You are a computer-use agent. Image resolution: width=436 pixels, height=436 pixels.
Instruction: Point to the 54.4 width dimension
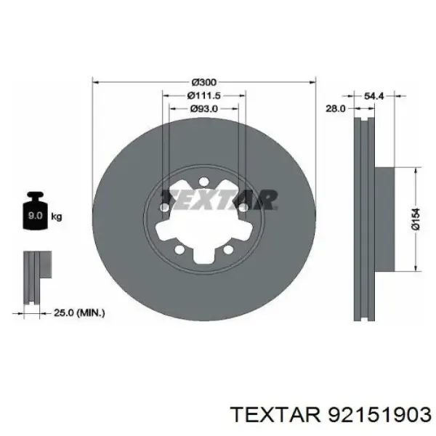coord(374,95)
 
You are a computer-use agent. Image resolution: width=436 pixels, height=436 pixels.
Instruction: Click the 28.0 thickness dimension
coord(335,108)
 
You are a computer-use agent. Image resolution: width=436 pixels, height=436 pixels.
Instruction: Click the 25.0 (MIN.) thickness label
coord(80,313)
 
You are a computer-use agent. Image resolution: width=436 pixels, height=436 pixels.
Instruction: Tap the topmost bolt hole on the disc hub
coord(203,182)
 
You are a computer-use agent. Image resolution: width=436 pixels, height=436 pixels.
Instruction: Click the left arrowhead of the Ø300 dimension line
coord(97,82)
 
